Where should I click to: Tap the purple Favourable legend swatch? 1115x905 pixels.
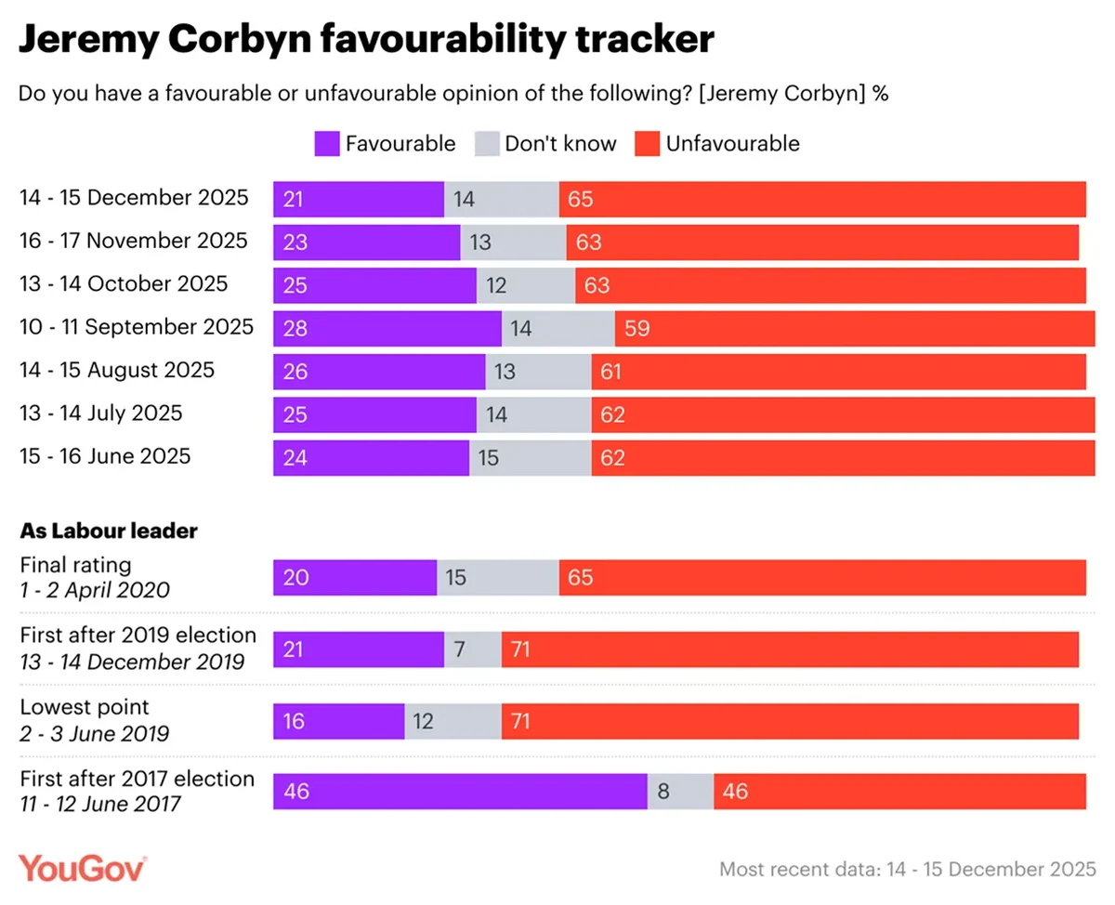[326, 143]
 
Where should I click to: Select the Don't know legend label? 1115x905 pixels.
[560, 143]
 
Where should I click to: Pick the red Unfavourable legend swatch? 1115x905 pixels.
[647, 143]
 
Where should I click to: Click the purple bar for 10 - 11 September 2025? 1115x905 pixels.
[387, 329]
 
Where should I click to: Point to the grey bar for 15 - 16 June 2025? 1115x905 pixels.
[531, 457]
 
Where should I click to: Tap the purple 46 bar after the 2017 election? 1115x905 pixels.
[460, 792]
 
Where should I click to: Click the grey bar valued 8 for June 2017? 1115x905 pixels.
[680, 792]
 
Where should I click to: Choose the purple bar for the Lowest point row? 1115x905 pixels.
[338, 721]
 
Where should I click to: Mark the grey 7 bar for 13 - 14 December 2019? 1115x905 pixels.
[473, 649]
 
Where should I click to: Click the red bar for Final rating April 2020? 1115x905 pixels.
[822, 578]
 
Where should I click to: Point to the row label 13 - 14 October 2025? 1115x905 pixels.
[124, 283]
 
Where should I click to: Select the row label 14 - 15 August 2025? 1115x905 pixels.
[117, 370]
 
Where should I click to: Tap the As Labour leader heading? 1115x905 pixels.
[109, 531]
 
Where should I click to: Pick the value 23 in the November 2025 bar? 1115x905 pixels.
[295, 243]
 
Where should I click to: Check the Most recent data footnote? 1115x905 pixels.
[908, 870]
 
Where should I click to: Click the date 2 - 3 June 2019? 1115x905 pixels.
[95, 733]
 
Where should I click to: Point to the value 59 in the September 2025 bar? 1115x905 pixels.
[637, 329]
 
